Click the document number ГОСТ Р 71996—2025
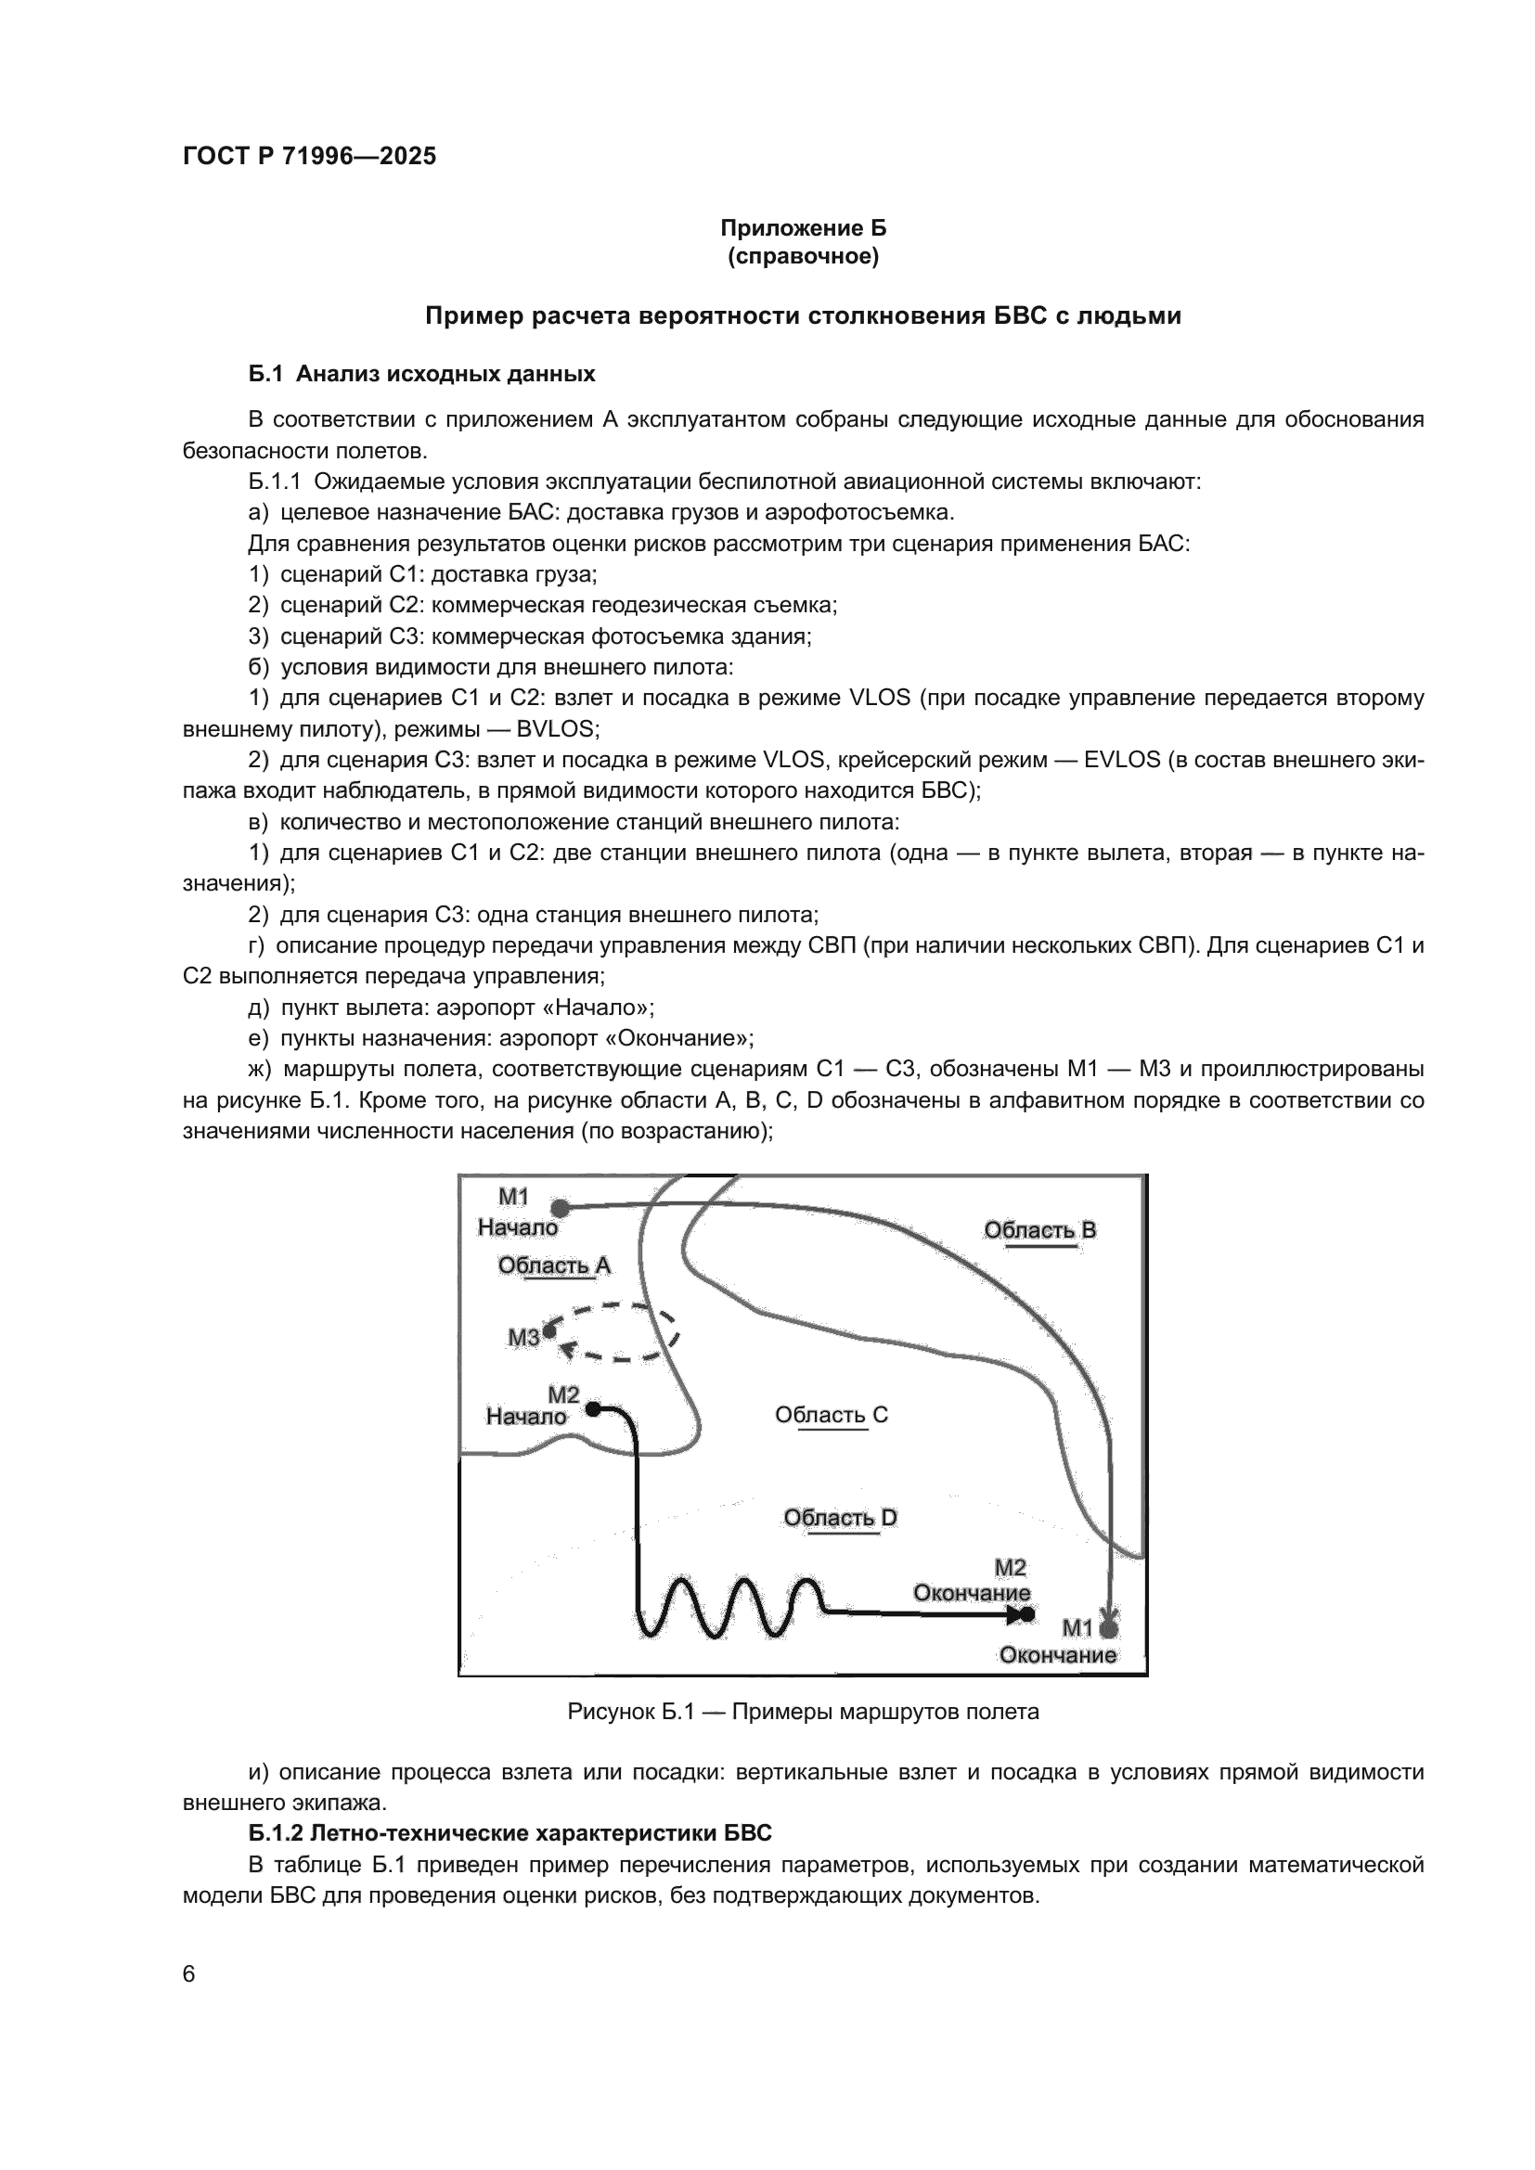click(309, 157)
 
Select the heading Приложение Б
click(803, 228)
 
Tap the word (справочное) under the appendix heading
click(803, 257)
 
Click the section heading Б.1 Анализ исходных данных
click(421, 374)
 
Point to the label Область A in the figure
click(554, 1265)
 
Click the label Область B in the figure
click(1039, 1229)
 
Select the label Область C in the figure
click(831, 1415)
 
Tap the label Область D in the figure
click(839, 1518)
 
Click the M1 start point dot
click(561, 1208)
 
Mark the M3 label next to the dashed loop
click(522, 1338)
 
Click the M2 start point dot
click(593, 1408)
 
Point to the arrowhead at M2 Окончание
click(1017, 1615)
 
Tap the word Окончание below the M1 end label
click(1058, 1655)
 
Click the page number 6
click(189, 1974)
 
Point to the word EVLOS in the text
click(1122, 760)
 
